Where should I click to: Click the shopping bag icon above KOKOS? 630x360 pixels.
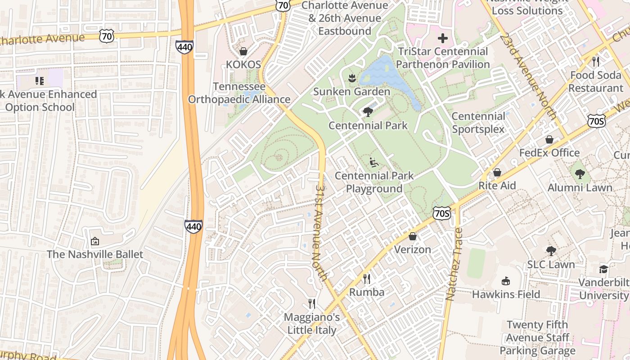(x=243, y=51)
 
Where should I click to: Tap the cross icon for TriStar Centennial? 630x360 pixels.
(x=443, y=38)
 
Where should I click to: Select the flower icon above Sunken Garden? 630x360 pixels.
(x=352, y=78)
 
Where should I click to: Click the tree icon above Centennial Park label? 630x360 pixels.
(x=368, y=112)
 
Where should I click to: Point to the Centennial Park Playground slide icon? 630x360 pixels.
(x=373, y=162)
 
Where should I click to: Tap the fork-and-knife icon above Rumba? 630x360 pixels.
(x=367, y=279)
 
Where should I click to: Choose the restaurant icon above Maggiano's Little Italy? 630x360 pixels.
(x=311, y=304)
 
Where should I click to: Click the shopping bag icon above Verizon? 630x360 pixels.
(x=413, y=236)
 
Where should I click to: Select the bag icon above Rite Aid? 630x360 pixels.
(x=497, y=172)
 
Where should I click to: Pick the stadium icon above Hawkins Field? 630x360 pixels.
(x=506, y=281)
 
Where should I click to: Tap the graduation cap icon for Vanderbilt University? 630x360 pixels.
(x=603, y=269)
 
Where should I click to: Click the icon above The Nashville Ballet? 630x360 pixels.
(x=95, y=241)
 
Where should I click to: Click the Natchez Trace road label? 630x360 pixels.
(x=454, y=265)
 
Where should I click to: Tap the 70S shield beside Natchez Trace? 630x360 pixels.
(x=442, y=213)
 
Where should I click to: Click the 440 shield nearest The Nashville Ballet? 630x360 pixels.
(x=193, y=226)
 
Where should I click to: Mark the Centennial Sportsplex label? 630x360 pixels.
(x=478, y=123)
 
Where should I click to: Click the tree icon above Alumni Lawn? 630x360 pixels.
(x=580, y=174)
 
